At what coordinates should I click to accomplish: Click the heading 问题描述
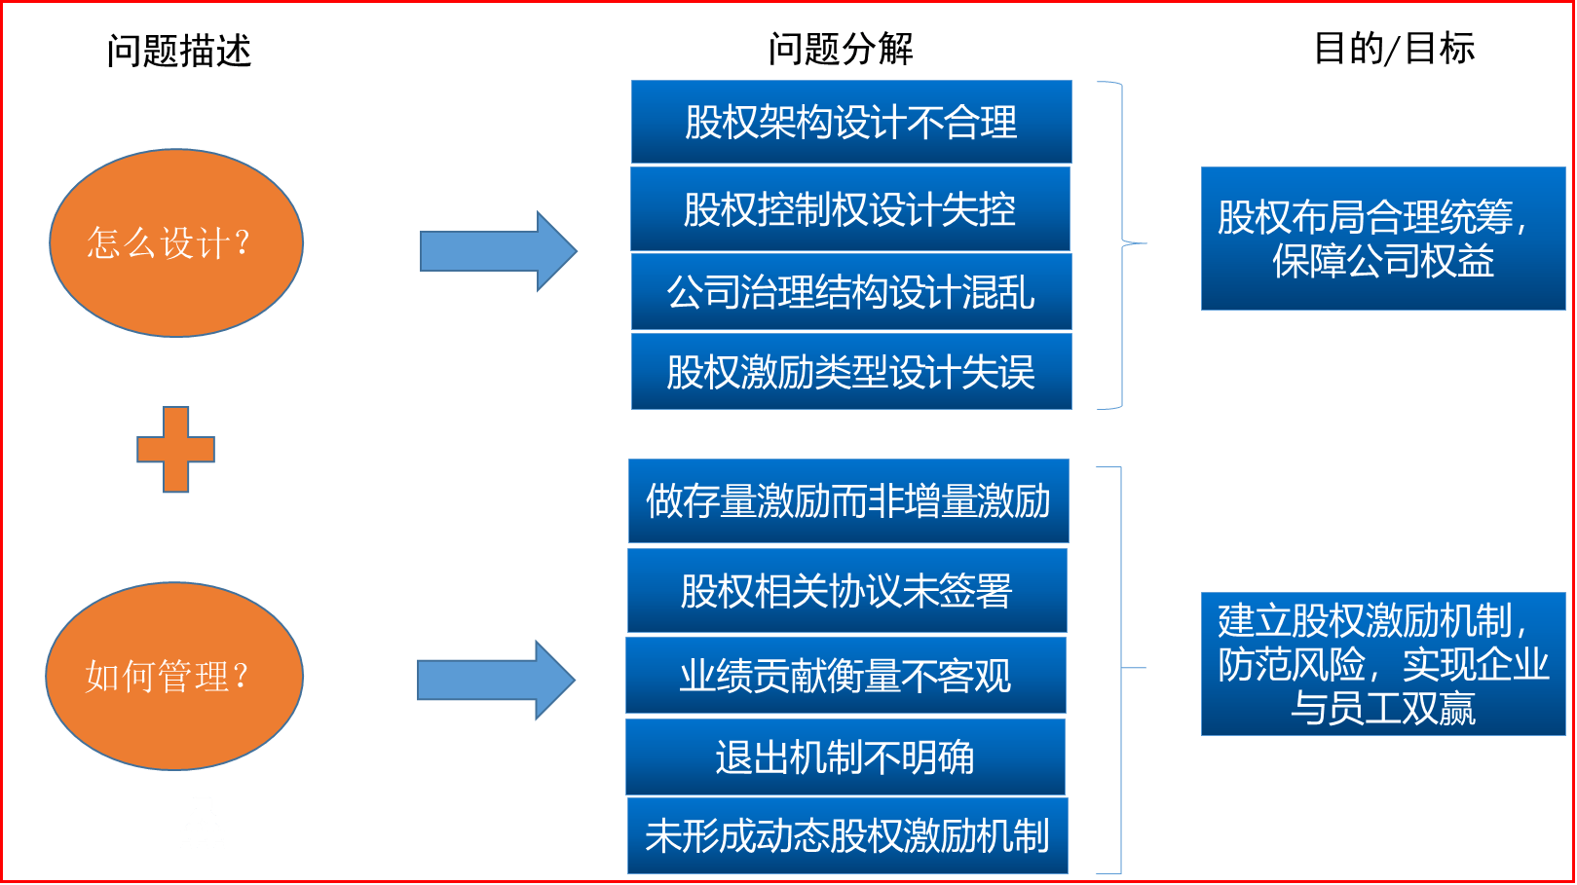[179, 51]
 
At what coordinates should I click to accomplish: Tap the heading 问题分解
[841, 49]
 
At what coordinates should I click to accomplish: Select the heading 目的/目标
[1394, 48]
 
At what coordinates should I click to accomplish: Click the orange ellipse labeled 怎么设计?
[175, 242]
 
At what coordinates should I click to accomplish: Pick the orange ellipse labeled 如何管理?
[173, 676]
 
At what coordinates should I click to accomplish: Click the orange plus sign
[175, 449]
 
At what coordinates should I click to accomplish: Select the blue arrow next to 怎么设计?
[497, 251]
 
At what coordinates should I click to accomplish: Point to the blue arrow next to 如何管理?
[495, 680]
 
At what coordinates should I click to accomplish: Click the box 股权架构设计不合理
[851, 122]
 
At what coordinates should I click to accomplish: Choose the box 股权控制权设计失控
[849, 208]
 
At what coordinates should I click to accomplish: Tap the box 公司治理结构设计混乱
[851, 291]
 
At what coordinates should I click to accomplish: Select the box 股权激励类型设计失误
[851, 371]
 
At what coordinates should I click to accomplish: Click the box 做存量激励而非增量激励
[848, 500]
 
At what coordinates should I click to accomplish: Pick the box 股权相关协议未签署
[846, 590]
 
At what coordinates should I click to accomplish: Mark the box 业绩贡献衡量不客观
[845, 675]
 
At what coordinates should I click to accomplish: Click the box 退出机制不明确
[845, 756]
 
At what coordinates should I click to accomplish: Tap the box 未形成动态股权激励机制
[847, 835]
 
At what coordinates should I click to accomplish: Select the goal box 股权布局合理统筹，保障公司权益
[1382, 239]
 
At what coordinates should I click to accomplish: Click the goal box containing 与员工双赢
[1382, 664]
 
